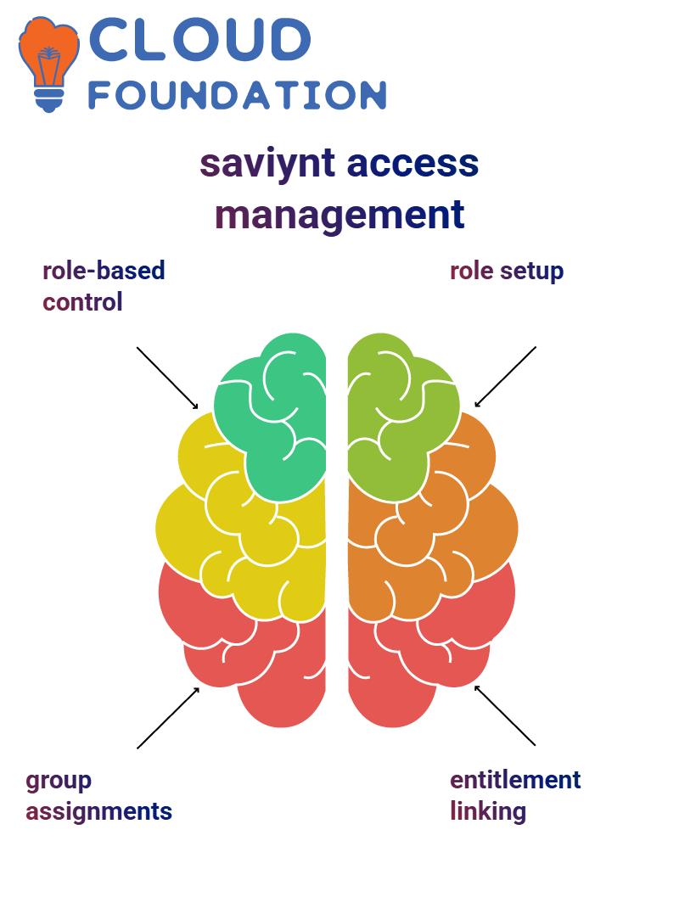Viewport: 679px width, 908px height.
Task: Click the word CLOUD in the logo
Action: point(199,39)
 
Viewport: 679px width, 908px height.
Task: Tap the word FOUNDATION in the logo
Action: point(237,95)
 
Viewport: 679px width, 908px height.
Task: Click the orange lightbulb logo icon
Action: point(48,64)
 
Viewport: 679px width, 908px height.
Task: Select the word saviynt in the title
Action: point(267,164)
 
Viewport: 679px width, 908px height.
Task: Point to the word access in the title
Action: point(412,163)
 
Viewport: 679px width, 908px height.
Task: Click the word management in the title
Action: point(339,216)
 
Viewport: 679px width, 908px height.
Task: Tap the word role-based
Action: point(104,271)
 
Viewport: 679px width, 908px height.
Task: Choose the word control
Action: point(82,302)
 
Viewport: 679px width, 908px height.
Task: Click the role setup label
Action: point(507,271)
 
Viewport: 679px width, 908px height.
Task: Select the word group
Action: point(59,782)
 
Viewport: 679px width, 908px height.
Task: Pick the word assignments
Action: point(98,812)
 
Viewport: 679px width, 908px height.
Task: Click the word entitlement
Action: point(515,780)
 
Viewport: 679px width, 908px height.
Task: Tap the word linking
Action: point(488,812)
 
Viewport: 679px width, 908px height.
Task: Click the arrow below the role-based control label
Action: point(167,378)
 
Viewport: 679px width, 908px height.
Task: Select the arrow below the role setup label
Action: point(505,377)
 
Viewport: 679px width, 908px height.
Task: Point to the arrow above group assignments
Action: point(168,718)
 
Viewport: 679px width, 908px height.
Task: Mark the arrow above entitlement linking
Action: point(505,715)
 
